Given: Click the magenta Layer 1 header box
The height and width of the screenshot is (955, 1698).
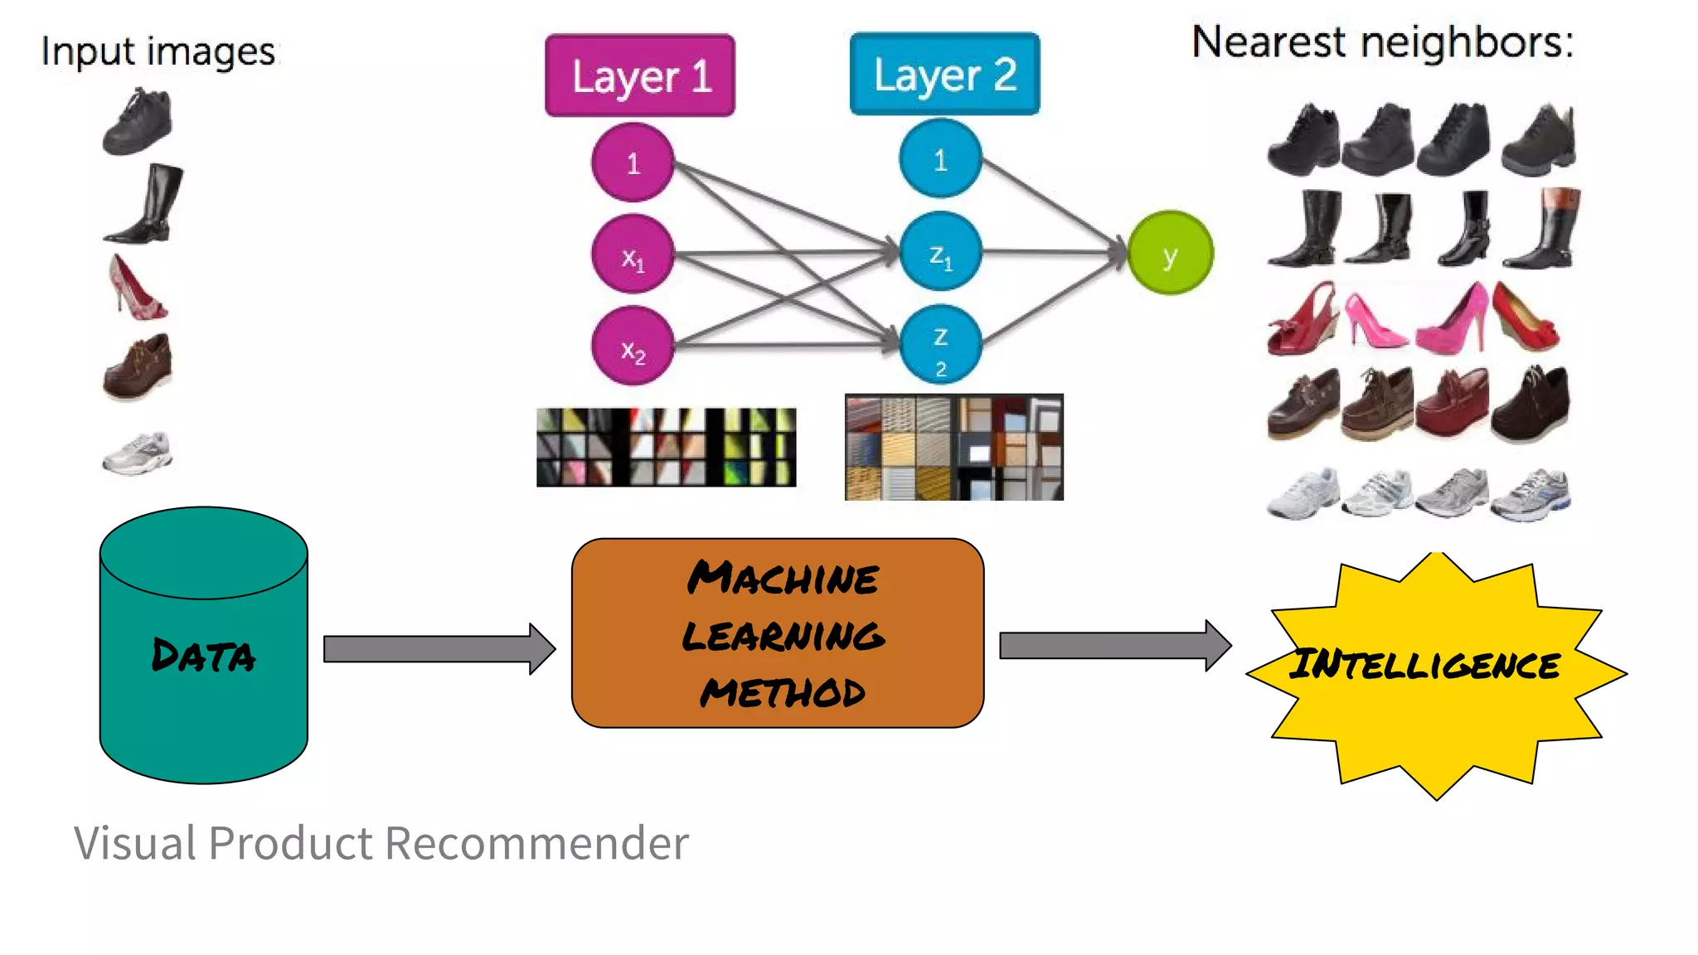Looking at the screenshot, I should [639, 75].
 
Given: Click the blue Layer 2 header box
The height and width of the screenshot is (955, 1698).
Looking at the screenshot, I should [944, 74].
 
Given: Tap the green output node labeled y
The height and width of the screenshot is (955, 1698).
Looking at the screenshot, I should [1170, 253].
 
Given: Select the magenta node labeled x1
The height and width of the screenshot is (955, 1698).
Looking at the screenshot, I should [633, 255].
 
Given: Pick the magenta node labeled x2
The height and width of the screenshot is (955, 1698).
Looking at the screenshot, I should [633, 347].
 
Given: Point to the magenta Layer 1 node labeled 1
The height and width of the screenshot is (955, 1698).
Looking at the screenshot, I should [633, 162].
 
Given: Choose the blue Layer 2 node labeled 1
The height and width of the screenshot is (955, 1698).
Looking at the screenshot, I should [940, 158].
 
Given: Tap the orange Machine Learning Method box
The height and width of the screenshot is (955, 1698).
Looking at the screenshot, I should [778, 633].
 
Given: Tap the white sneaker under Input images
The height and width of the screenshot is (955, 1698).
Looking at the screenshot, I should [138, 453].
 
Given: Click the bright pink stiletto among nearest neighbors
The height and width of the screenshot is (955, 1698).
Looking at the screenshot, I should [1375, 320].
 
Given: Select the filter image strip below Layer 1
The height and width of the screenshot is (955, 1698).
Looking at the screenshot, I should [666, 447].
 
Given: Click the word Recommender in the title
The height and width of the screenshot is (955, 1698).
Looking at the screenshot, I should [536, 843].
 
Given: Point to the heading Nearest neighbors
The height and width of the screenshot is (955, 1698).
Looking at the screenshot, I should [1382, 41].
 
